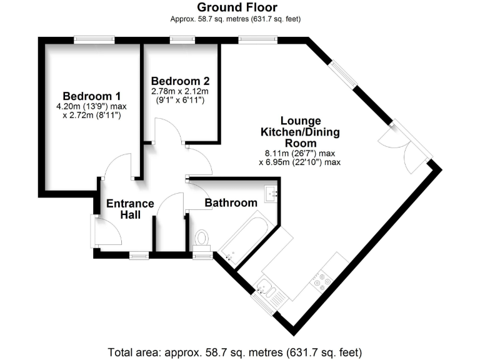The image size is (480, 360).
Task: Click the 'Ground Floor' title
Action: pos(236,7)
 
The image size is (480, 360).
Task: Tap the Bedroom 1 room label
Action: pos(91,96)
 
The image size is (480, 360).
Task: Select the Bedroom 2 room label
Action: pos(180,81)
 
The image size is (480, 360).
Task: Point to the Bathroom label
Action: pos(231,203)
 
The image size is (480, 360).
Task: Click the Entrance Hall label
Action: pos(129,209)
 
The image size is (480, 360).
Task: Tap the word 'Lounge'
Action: pos(300,121)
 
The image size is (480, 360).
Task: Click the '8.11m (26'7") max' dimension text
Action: pos(300,153)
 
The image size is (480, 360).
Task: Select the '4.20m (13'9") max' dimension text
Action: pos(91,107)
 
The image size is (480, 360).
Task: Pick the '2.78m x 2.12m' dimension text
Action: pos(180,91)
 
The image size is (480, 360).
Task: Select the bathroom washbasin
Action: pos(271,194)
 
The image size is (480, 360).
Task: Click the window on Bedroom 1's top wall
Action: pos(94,40)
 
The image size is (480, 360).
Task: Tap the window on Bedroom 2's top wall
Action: pos(181,40)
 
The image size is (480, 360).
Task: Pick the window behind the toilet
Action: pos(202,255)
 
